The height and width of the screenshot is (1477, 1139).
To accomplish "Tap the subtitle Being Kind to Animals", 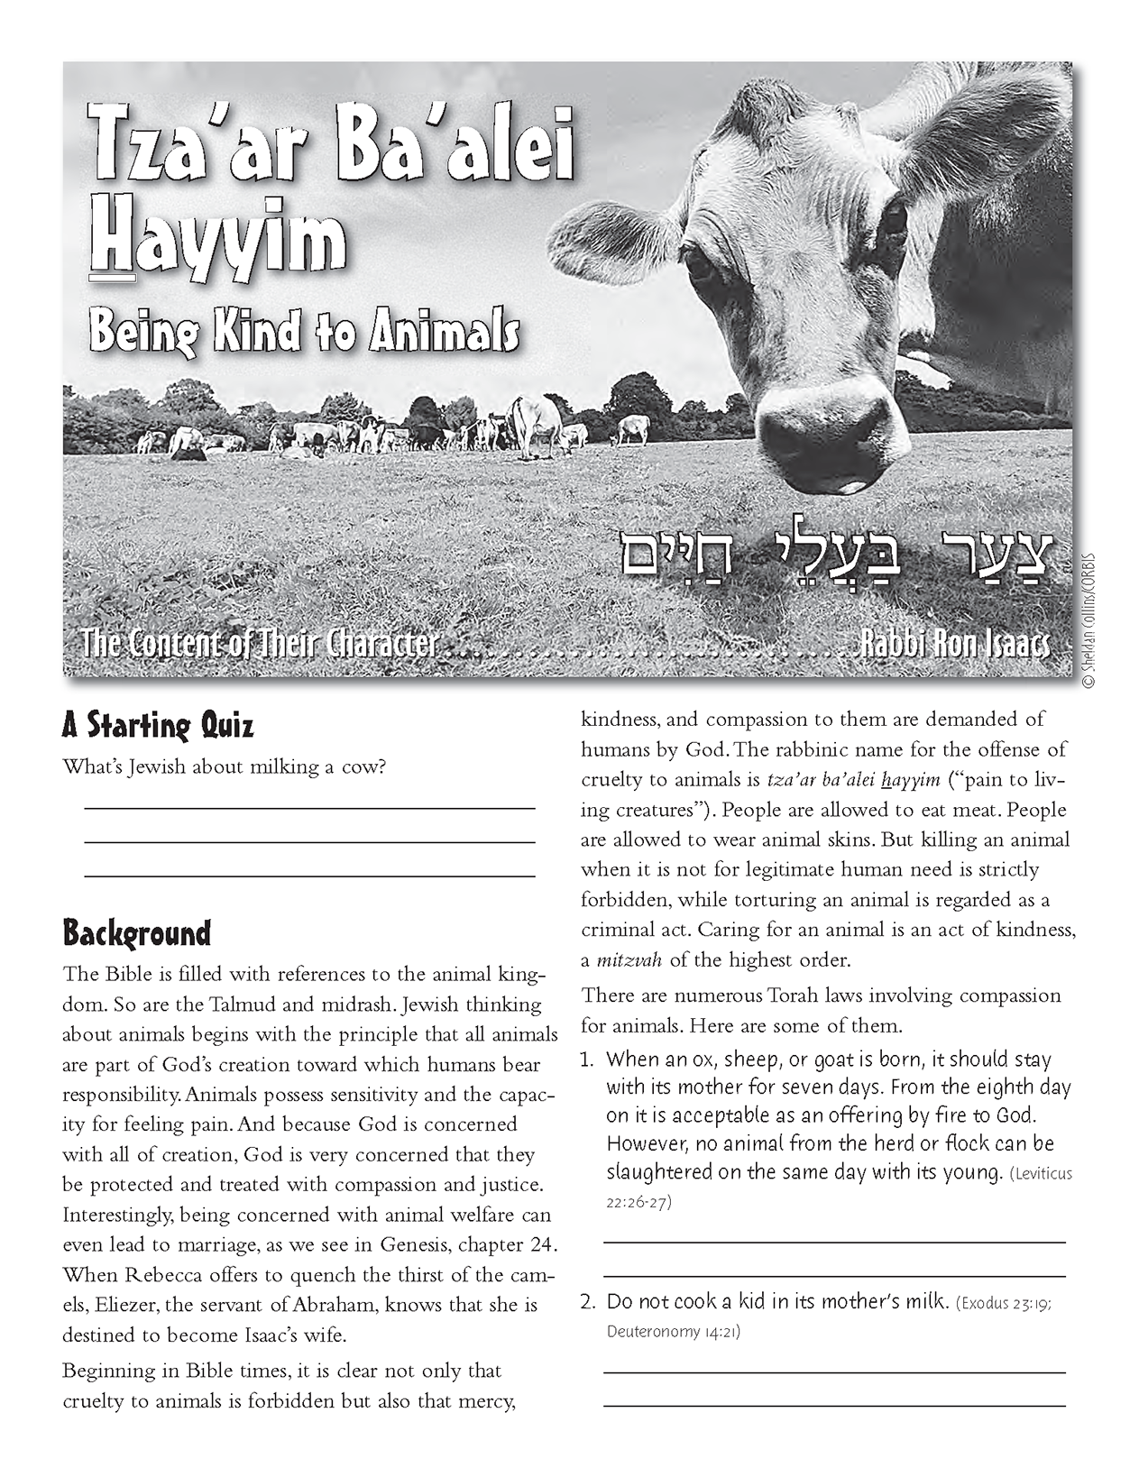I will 304,330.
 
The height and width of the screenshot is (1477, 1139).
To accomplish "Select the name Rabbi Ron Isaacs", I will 954,644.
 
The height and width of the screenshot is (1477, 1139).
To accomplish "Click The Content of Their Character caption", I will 260,644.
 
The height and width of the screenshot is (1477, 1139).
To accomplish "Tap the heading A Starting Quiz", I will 158,725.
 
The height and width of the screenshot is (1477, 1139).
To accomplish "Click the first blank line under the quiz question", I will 309,809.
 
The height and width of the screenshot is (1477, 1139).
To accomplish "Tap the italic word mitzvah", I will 621,959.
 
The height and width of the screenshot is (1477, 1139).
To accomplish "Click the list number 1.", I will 587,1060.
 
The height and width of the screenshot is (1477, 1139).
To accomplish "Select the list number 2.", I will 588,1302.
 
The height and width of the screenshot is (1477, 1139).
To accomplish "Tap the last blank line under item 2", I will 833,1405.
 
